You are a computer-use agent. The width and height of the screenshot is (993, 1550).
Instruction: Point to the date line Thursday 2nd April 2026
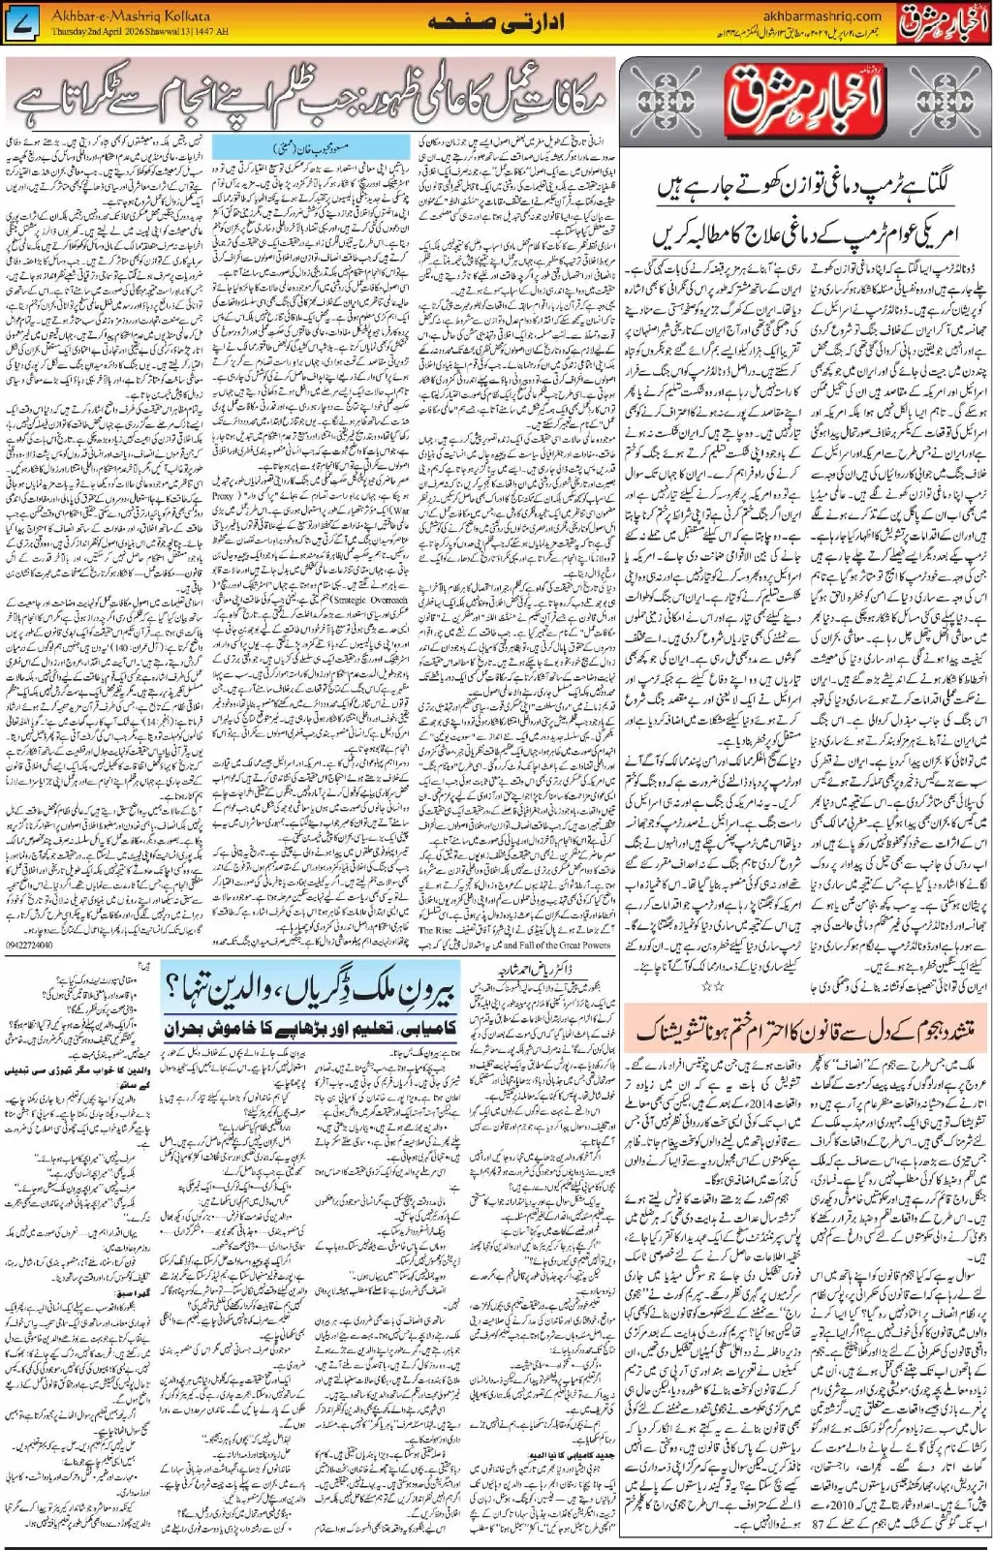tap(140, 31)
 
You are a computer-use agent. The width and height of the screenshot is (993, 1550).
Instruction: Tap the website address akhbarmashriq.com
tap(822, 15)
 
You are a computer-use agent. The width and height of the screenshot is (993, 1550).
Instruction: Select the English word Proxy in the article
tap(224, 495)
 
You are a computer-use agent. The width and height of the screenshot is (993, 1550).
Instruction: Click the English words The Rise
tap(435, 930)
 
